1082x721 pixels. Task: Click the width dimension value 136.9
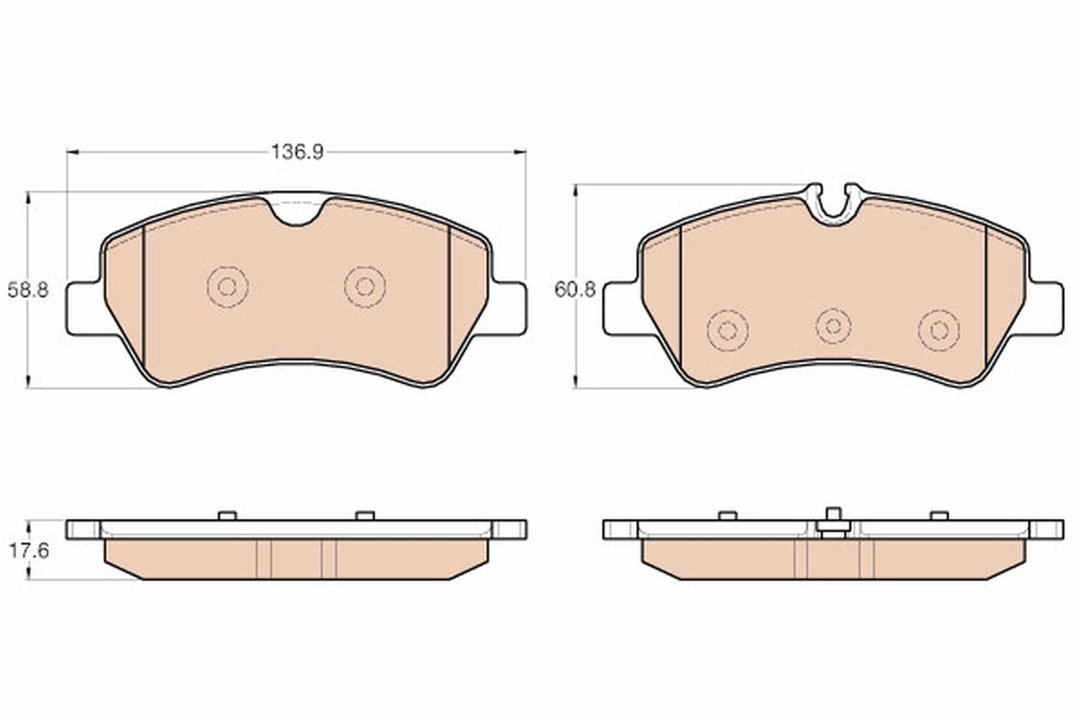click(x=297, y=152)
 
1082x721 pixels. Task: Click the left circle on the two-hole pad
click(x=227, y=287)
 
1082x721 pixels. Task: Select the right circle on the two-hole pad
click(x=365, y=287)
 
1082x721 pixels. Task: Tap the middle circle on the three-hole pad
click(x=833, y=324)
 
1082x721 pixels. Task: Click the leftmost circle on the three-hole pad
click(x=728, y=330)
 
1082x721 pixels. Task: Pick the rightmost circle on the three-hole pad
click(x=939, y=330)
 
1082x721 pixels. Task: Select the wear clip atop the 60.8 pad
click(x=833, y=202)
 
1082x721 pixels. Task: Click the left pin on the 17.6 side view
click(x=227, y=516)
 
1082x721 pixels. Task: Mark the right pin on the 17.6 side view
click(x=364, y=516)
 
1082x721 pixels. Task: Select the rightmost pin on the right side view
click(x=940, y=516)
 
